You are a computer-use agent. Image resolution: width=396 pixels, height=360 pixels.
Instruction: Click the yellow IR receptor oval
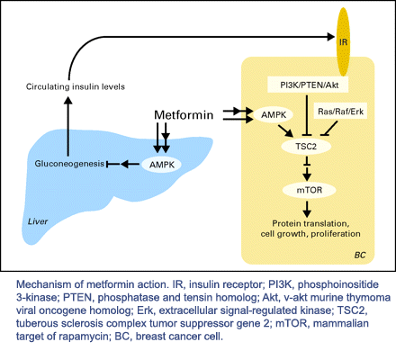343,42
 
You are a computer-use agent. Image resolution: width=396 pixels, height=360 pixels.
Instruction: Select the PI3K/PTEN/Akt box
308,85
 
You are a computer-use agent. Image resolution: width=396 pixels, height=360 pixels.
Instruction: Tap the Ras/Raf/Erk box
340,112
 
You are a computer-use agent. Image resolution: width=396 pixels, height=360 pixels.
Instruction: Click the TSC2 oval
306,147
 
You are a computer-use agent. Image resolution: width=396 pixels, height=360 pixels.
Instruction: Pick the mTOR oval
309,190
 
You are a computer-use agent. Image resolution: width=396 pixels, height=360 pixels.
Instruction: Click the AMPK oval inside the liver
161,165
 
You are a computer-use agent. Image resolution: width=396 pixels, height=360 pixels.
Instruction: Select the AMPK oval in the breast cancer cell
274,114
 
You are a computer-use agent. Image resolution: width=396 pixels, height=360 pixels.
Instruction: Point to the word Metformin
184,115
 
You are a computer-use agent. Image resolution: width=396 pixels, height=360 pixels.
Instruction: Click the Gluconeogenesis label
69,164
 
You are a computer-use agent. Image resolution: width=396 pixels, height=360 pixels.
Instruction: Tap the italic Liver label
38,221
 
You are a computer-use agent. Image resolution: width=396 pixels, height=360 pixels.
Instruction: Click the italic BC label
360,255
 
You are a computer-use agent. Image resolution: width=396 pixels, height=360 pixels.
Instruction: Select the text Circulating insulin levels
76,86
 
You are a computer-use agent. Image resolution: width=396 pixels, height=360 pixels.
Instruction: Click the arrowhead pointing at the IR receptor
331,37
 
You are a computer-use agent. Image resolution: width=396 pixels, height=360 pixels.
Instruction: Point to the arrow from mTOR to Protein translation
307,209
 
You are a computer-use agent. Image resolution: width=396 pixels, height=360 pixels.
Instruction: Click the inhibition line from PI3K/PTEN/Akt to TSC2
306,116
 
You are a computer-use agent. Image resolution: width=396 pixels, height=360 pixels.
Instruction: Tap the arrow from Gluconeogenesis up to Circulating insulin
68,126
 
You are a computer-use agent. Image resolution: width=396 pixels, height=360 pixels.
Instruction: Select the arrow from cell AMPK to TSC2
285,130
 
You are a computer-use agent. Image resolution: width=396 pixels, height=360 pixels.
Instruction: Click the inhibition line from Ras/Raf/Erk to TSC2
330,128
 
